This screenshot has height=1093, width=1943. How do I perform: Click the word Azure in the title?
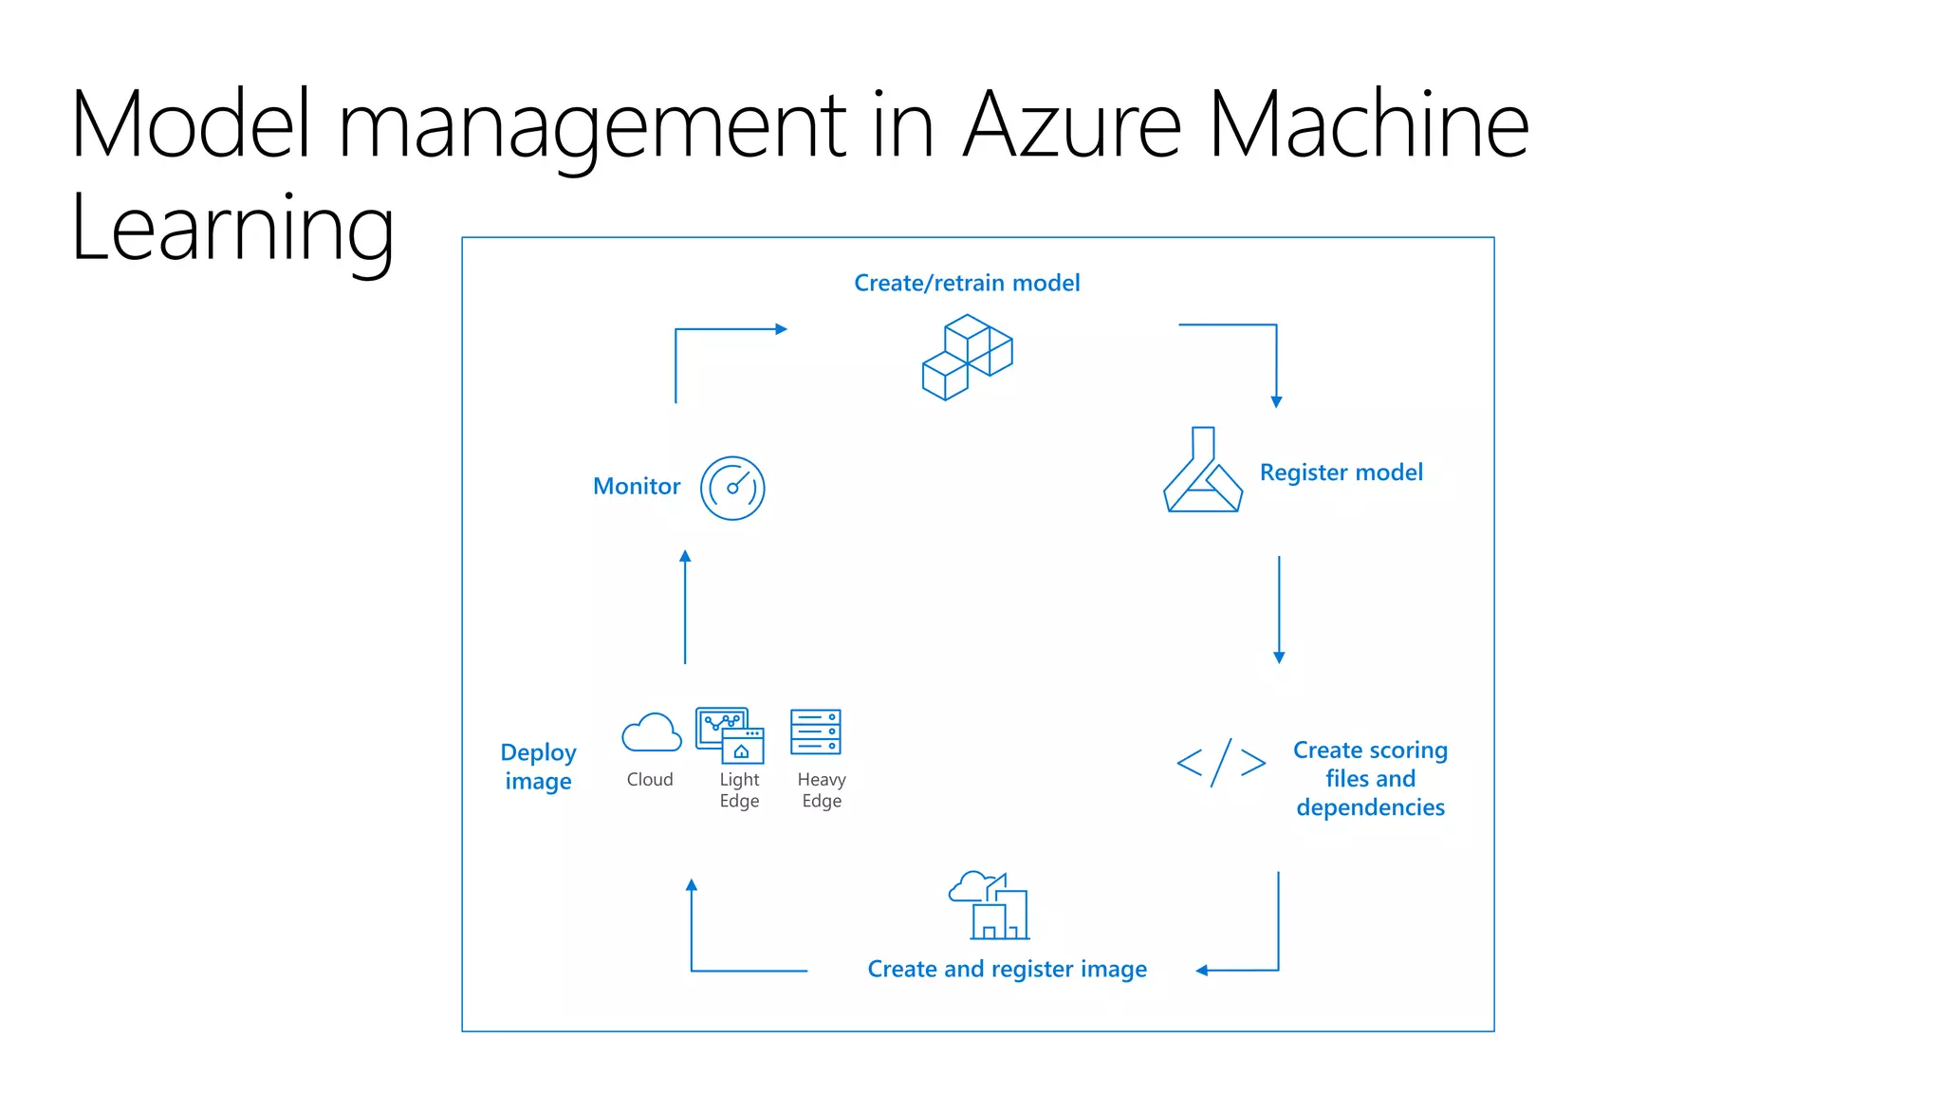1072,125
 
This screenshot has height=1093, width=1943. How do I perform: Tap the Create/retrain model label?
967,283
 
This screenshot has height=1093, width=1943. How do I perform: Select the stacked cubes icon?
967,357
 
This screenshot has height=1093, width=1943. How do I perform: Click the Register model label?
1341,472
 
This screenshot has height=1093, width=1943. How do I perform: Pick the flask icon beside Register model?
1202,472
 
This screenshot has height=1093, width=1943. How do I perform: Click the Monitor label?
637,487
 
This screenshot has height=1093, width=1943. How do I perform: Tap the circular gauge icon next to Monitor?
732,488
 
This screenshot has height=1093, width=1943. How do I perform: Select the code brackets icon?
1221,763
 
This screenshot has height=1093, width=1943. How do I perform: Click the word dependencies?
1370,807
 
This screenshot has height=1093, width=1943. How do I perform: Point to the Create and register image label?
1007,969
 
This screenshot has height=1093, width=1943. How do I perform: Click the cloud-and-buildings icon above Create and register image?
990,905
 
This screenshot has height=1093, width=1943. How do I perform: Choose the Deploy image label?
538,767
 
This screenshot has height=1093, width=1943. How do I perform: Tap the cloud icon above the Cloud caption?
651,732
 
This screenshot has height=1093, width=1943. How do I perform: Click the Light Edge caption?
739,790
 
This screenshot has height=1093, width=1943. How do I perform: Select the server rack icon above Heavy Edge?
816,732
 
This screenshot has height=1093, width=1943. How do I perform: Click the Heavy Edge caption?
822,790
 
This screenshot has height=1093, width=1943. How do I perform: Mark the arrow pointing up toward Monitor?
685,607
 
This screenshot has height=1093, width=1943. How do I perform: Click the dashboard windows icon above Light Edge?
730,734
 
